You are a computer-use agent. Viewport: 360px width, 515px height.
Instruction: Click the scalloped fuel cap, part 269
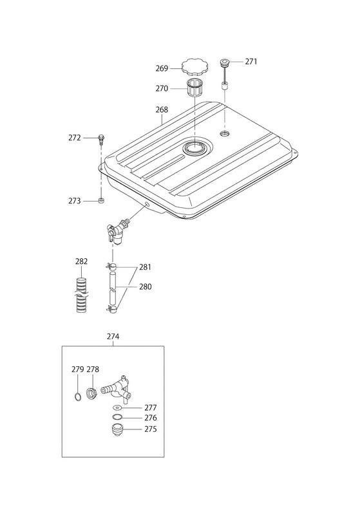click(x=194, y=67)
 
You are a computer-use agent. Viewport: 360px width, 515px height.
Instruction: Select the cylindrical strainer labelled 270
click(x=194, y=88)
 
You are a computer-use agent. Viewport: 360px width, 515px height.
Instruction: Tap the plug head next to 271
click(x=225, y=62)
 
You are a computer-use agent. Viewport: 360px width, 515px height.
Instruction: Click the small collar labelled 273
click(x=102, y=200)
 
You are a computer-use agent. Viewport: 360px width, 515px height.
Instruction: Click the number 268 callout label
click(x=162, y=109)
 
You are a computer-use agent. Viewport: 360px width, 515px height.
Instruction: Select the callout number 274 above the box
click(x=113, y=337)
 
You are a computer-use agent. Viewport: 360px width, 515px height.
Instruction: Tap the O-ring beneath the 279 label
click(x=77, y=397)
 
